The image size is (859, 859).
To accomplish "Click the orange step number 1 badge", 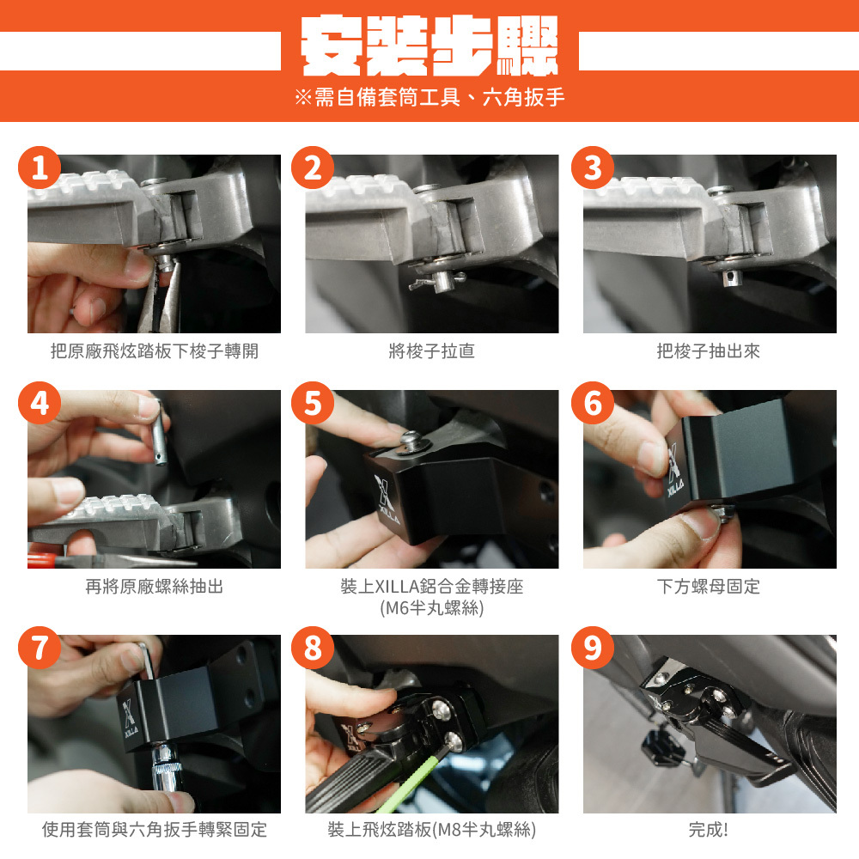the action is [x=40, y=168].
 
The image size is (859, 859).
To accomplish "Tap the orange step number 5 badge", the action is [x=313, y=403].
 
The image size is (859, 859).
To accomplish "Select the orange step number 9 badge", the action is [x=593, y=648].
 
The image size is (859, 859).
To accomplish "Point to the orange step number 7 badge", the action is [x=40, y=648].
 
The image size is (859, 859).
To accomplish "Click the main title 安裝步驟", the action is [x=429, y=46].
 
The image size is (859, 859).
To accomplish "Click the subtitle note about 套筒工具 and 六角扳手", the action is [x=429, y=98].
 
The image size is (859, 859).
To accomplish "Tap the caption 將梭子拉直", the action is [x=432, y=351].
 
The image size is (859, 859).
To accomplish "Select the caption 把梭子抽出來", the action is [x=709, y=351].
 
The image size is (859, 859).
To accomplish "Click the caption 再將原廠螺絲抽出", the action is [x=155, y=587].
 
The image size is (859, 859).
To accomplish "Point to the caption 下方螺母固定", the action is [x=709, y=587].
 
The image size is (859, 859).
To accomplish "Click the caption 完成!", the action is [x=709, y=830].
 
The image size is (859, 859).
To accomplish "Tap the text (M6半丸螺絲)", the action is [x=432, y=608].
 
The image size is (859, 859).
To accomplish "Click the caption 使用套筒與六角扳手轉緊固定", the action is [x=155, y=830].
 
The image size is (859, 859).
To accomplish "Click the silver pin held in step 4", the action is [x=160, y=433].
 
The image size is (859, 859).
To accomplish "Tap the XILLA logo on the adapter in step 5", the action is [x=387, y=500].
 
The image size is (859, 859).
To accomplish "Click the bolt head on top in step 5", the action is [x=411, y=442].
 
